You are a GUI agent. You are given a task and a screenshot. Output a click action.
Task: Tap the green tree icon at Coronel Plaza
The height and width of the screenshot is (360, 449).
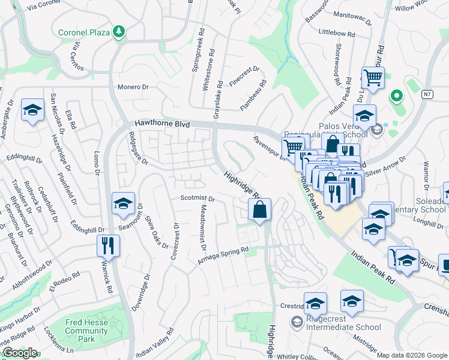(x=119, y=31)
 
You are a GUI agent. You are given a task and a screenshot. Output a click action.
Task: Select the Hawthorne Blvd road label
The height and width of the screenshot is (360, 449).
(x=162, y=124)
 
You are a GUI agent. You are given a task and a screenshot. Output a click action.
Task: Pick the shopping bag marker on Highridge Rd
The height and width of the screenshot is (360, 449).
(x=259, y=210)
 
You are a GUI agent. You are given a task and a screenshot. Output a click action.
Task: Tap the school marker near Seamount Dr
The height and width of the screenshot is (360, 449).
(x=123, y=204)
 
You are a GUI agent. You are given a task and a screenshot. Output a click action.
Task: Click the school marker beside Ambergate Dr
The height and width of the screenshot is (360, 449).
(x=32, y=110)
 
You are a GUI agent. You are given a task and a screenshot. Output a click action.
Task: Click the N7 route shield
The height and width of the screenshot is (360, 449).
(x=427, y=94)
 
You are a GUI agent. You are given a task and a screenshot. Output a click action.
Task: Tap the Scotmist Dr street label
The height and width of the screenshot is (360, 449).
(x=197, y=198)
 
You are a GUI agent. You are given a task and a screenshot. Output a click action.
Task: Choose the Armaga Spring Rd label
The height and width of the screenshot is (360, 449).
(x=223, y=254)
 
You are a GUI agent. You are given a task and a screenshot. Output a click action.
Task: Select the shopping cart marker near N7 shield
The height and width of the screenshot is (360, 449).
(x=373, y=78)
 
